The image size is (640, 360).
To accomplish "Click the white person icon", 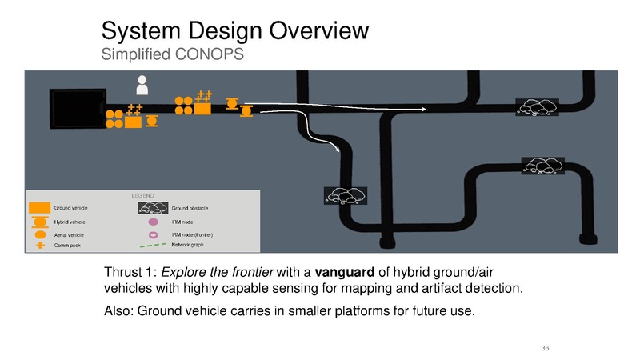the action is coord(142,85).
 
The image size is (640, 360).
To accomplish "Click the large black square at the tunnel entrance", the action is coord(78,109).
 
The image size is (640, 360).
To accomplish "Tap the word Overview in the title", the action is coord(318,30).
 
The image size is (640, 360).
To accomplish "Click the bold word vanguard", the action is coord(345,272).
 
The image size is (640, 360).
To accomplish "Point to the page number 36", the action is coord(545,348).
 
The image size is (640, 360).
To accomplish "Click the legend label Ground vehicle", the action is coord(70,208).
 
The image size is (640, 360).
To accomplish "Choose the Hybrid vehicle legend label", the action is coord(70,222).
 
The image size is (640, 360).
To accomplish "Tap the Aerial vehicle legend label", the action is coord(69,235).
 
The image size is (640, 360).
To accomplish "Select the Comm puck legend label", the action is coord(67,246).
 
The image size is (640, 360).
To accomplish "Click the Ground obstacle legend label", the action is coord(190,208).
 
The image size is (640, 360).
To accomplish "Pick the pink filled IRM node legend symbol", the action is coord(153,222).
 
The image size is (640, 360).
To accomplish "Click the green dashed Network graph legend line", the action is coord(153,246).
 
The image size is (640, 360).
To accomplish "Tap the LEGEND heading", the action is coord(143,195).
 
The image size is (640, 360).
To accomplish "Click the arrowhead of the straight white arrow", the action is coord(425,109).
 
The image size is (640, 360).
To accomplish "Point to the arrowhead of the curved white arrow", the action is coord(338,150).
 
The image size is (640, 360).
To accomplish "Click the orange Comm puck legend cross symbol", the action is coord(40,246).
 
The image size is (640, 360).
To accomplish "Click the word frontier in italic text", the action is coord(253,272).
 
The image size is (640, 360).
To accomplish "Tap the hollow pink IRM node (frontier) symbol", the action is coord(153,234).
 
